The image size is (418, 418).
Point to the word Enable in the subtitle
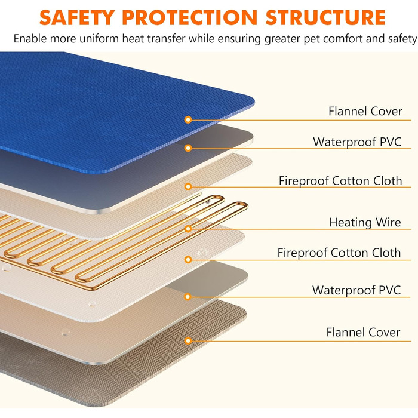click(29, 39)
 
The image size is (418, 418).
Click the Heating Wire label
click(365, 223)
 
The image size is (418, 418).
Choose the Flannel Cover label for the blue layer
click(365, 112)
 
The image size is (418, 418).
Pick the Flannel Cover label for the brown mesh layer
click(363, 333)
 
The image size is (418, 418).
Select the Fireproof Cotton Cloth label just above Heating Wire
click(340, 181)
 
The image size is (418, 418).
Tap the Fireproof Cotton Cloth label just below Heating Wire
click(339, 253)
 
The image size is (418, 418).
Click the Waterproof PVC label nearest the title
click(357, 142)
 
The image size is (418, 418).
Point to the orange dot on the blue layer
click(188, 120)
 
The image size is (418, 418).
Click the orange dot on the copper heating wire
click(188, 229)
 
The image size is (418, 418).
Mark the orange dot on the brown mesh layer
click(188, 341)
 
